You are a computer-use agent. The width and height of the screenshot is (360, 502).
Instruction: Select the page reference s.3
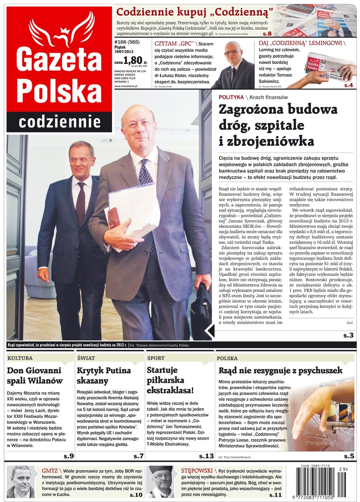pos(348,335)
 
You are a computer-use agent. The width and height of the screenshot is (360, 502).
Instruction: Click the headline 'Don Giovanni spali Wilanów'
pos(35,376)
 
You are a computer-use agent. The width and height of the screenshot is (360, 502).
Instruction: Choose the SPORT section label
pos(157,358)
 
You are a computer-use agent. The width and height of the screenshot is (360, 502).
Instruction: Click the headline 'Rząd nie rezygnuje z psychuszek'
pos(280,371)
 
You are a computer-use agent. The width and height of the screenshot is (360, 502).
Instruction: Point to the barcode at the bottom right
pos(321,481)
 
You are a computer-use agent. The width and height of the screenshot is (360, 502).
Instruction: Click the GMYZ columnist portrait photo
pos(21,481)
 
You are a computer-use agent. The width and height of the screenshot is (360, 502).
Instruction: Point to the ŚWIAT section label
pos(86,358)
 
